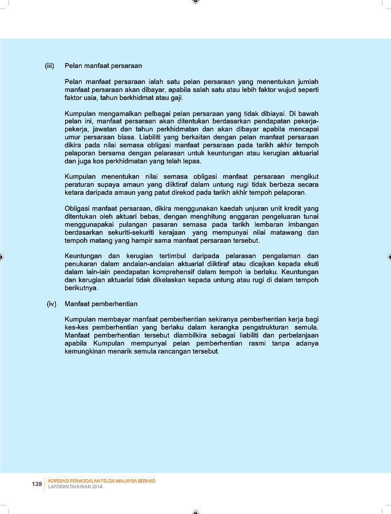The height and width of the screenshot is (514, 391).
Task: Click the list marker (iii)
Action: [50, 66]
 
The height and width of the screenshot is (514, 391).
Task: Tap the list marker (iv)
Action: [51, 304]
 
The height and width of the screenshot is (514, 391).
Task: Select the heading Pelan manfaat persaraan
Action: [103, 66]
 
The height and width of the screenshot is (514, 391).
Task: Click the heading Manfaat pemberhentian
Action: [101, 304]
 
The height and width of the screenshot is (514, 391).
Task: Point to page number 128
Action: [37, 484]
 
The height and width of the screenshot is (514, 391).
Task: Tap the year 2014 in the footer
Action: [96, 487]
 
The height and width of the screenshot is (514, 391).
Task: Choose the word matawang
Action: [285, 233]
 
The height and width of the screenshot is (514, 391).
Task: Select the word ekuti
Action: [309, 264]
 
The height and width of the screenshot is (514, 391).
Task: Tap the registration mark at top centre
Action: [195, 2]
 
